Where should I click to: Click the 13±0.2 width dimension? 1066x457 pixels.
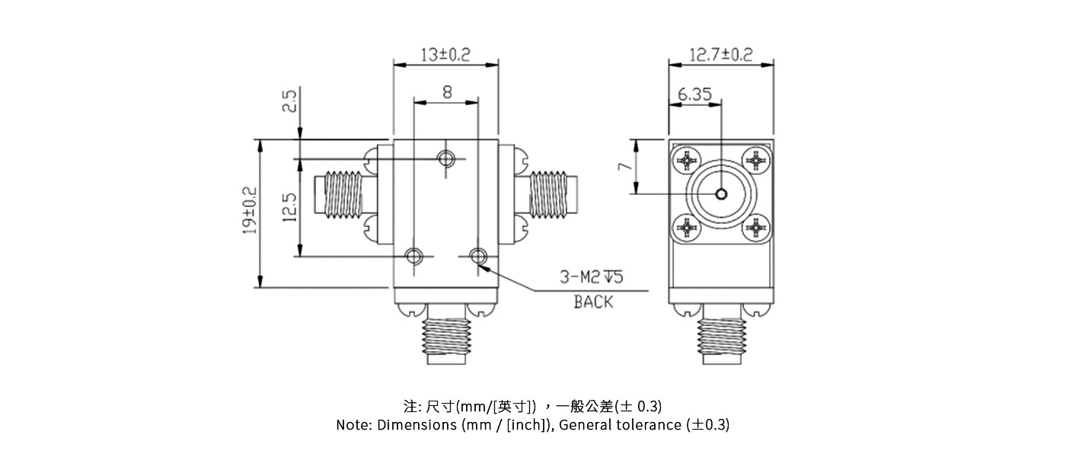pyautogui.click(x=445, y=54)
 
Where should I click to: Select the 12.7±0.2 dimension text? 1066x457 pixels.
pyautogui.click(x=720, y=54)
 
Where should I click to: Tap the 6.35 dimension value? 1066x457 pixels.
pyautogui.click(x=694, y=94)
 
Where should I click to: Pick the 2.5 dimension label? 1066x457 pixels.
pyautogui.click(x=289, y=101)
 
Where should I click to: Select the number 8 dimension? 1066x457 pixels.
pyautogui.click(x=446, y=91)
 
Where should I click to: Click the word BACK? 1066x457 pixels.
pyautogui.click(x=592, y=302)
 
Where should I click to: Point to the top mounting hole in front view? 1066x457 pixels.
pyautogui.click(x=447, y=158)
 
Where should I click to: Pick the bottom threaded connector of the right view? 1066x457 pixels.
pyautogui.click(x=720, y=338)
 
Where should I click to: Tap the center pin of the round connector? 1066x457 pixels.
pyautogui.click(x=720, y=193)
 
